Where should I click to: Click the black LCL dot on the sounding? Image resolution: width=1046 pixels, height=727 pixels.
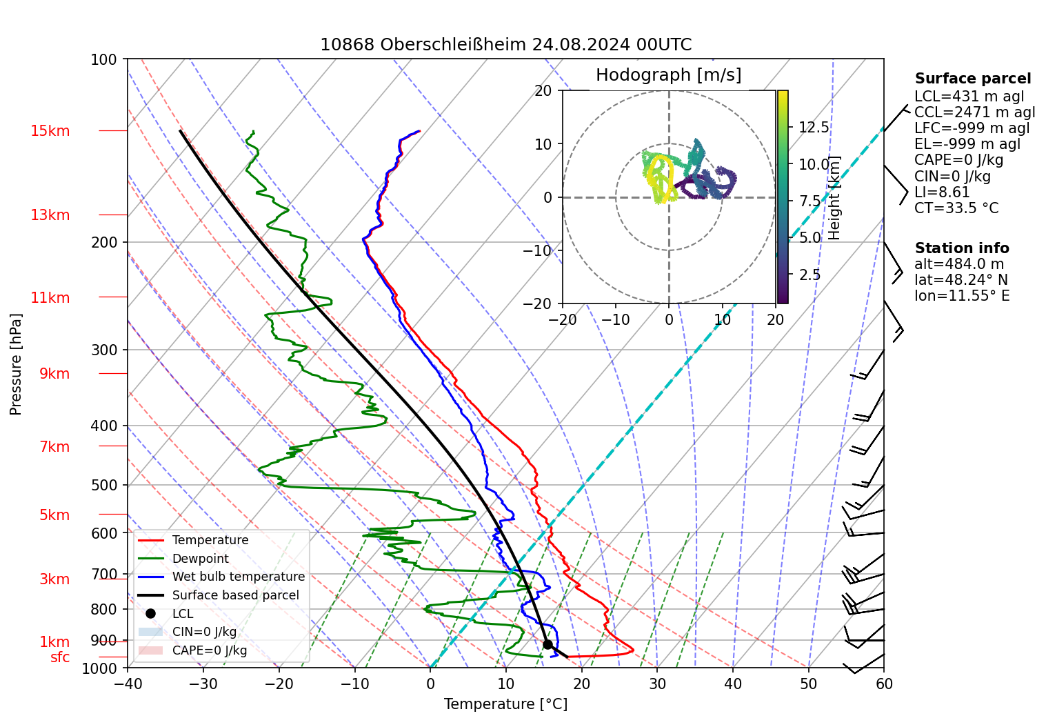point(547,644)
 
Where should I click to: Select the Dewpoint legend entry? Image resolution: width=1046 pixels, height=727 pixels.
point(200,559)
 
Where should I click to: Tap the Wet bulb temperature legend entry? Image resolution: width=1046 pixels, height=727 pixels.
point(238,577)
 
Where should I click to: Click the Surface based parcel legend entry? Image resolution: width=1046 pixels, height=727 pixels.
point(235,595)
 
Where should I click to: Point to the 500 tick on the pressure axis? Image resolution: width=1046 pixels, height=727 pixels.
point(105,485)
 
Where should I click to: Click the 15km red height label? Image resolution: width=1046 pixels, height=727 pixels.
point(50,131)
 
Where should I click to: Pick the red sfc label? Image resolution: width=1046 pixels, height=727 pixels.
point(60,657)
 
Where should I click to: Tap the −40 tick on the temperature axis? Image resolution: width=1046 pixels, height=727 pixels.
point(128,684)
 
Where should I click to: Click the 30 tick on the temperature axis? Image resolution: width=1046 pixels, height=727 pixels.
point(657,684)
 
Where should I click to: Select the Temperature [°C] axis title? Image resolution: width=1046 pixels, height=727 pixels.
point(505,704)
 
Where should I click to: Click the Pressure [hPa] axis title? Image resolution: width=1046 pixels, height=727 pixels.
point(16,364)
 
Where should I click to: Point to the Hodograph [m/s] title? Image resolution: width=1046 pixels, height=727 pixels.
point(668,75)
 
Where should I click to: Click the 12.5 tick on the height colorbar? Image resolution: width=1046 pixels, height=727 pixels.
point(814,128)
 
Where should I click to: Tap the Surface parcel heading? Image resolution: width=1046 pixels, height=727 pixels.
point(972,79)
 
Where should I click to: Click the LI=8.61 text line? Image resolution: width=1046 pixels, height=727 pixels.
point(942,192)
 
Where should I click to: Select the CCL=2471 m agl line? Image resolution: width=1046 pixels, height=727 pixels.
point(974,112)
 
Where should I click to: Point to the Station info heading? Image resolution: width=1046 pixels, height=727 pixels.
point(961,248)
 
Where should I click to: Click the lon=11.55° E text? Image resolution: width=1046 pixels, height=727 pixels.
point(962,296)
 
